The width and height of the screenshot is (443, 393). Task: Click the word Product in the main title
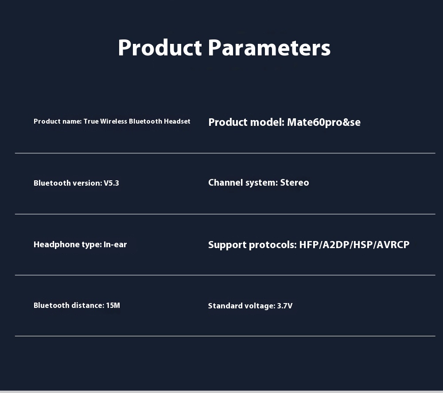[160, 47]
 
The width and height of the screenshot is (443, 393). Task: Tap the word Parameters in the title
[269, 47]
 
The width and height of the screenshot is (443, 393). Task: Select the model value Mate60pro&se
[324, 122]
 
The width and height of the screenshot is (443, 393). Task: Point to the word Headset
[177, 121]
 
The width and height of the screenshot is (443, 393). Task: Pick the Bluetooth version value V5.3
[111, 183]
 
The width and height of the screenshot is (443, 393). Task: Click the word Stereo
[295, 183]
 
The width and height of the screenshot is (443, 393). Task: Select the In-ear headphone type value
[115, 245]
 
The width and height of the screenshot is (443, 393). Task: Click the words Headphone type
[67, 245]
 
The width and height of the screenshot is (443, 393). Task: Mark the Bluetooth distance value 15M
[113, 305]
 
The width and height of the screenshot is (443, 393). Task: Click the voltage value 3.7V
[285, 306]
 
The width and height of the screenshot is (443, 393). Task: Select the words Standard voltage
[241, 306]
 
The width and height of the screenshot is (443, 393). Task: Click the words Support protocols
[253, 245]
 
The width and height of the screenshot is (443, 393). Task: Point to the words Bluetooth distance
[69, 305]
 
